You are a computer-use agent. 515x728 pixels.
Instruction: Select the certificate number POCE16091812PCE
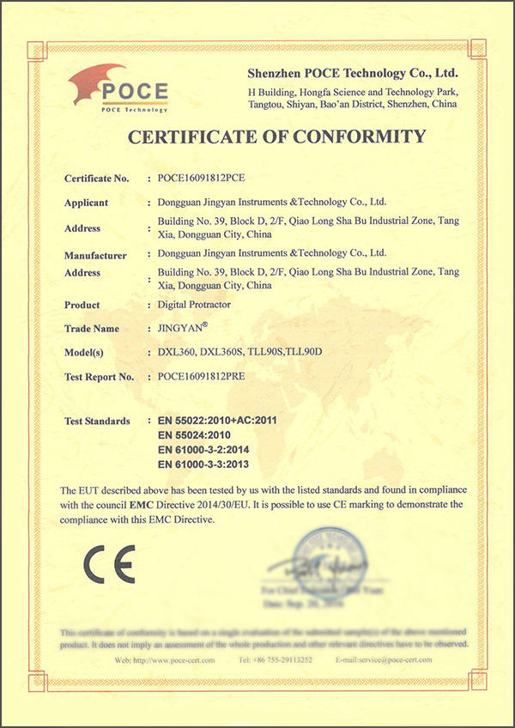pyautogui.click(x=197, y=179)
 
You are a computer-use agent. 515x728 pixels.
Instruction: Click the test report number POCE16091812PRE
pyautogui.click(x=197, y=377)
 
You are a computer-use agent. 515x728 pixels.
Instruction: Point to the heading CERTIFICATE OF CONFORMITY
pyautogui.click(x=276, y=136)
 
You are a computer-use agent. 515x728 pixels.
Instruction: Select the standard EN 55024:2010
pyautogui.click(x=197, y=435)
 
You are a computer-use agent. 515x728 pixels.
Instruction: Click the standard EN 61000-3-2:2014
pyautogui.click(x=203, y=450)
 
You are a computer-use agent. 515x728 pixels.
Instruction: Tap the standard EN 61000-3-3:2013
pyautogui.click(x=203, y=464)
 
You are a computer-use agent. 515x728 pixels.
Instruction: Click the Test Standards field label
pyautogui.click(x=97, y=422)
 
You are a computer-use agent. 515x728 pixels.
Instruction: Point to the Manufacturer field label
pyautogui.click(x=95, y=256)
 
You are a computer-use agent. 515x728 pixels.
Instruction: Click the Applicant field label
pyautogui.click(x=86, y=203)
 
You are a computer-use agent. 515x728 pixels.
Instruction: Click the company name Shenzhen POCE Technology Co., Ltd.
pyautogui.click(x=353, y=73)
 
